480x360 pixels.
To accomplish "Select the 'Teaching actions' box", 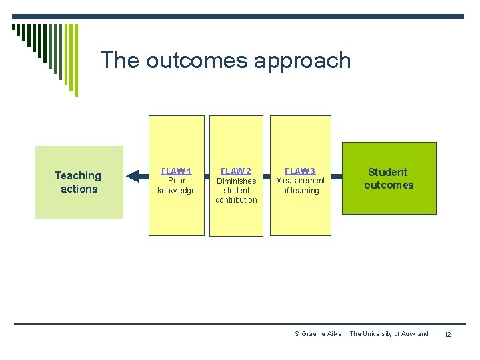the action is tap(79, 182).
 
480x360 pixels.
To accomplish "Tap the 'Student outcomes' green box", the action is tap(389, 178).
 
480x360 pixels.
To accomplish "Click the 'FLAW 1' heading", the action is tap(176, 171).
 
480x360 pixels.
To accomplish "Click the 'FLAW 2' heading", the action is tap(236, 171).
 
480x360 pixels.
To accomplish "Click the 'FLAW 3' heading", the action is tap(300, 171).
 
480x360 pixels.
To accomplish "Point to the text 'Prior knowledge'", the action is tap(176, 185).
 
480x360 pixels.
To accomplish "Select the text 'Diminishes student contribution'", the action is tap(236, 190).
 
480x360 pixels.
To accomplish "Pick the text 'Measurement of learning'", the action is tap(300, 185).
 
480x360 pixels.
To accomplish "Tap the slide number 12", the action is tap(447, 334).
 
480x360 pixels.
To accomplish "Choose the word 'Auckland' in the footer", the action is tap(414, 334).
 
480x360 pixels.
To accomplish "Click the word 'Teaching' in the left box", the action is tap(78, 175).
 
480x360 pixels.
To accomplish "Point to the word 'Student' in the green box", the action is tap(387, 172).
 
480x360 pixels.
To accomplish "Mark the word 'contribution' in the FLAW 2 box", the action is tap(236, 200).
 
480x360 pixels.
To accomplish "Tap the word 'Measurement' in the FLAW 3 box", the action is tap(300, 181).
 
